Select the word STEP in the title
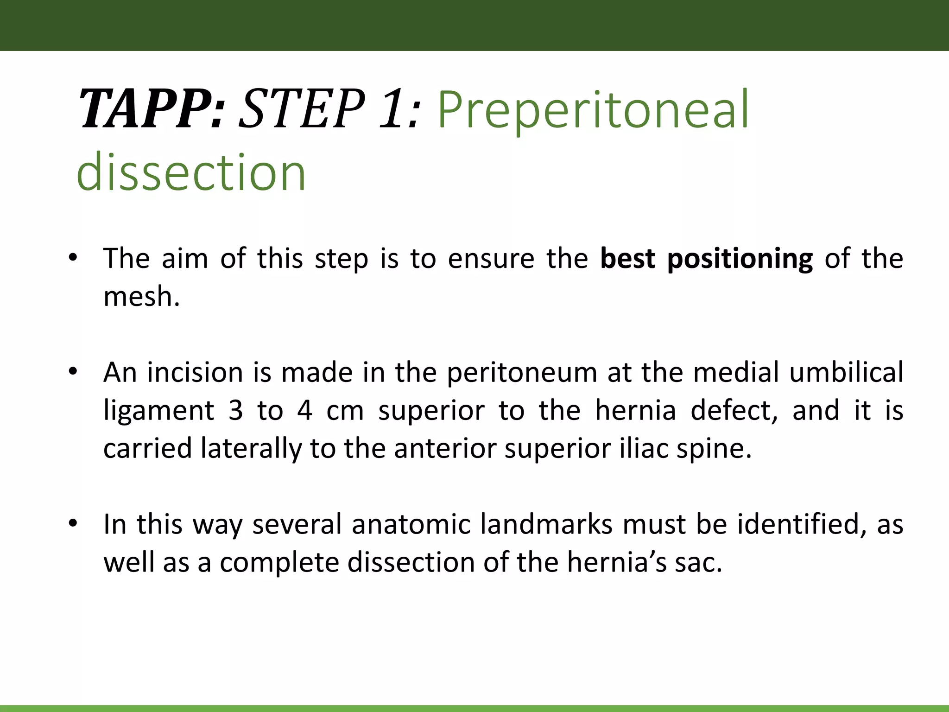[301, 109]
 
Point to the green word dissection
[191, 172]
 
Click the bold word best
[627, 259]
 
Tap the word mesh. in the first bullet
[141, 297]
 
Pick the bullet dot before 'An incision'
[72, 372]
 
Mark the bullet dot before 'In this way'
[72, 524]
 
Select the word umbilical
[846, 373]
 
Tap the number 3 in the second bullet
[235, 411]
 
